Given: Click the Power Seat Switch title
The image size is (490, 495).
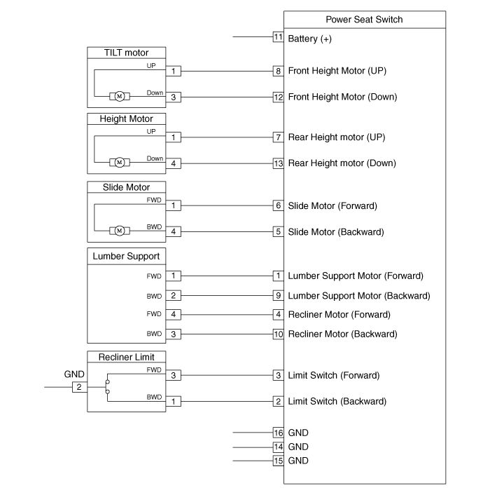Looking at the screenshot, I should click(x=364, y=20).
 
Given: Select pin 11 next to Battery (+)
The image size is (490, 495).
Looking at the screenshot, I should click(x=278, y=38).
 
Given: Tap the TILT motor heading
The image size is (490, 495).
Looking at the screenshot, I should click(x=127, y=53).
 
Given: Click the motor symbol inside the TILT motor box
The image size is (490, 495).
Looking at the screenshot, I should click(x=119, y=97).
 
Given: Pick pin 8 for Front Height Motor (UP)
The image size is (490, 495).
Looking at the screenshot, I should click(x=278, y=71).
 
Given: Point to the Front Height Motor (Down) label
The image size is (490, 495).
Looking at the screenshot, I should click(x=342, y=97).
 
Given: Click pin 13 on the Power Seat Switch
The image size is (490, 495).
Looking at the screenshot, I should click(x=278, y=163).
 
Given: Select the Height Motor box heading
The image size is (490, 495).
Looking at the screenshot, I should click(x=127, y=119).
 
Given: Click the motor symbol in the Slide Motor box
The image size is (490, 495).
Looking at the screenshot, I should click(x=119, y=231).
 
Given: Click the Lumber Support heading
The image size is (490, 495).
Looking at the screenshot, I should click(x=127, y=257).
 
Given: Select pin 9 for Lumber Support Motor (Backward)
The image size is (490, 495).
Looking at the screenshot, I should click(x=278, y=295).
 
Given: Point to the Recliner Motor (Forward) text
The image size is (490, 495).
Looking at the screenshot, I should click(x=339, y=314).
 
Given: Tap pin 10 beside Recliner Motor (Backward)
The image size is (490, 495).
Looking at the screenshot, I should click(x=278, y=334).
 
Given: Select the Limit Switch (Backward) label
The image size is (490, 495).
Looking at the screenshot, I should click(x=336, y=401).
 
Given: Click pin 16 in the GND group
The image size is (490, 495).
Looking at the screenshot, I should click(x=278, y=433).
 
